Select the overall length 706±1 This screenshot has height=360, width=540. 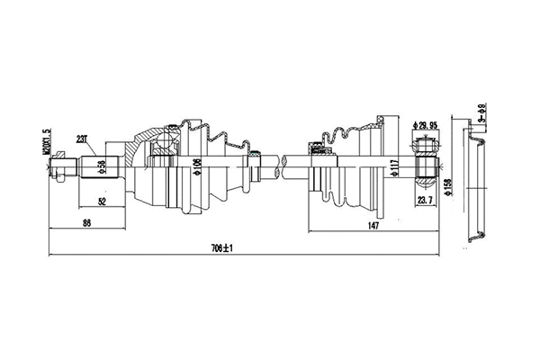pyautogui.click(x=214, y=249)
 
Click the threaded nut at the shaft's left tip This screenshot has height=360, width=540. pyautogui.click(x=59, y=165)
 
